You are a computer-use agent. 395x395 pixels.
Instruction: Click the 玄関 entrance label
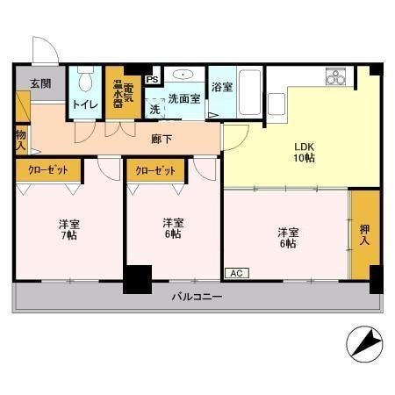click(x=40, y=83)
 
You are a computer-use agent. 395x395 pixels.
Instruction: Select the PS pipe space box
click(x=152, y=79)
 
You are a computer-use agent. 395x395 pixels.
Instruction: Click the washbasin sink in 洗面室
click(x=183, y=75)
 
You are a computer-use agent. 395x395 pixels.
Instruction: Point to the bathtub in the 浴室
click(x=249, y=92)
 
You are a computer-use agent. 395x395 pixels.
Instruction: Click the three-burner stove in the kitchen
click(x=335, y=76)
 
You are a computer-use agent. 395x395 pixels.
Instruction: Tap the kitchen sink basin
click(x=276, y=104)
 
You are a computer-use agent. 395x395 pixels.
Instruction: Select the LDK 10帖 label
click(x=304, y=153)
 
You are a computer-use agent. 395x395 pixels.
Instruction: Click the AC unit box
click(x=237, y=273)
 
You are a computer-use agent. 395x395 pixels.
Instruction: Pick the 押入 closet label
click(x=364, y=234)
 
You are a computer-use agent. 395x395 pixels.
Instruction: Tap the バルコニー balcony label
click(x=197, y=297)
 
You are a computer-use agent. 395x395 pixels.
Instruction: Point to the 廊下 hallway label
click(x=162, y=139)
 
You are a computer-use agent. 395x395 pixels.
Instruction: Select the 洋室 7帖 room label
click(x=69, y=230)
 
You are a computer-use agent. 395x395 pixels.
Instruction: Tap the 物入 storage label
click(x=21, y=140)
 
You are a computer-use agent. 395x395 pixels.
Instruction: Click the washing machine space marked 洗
click(x=154, y=109)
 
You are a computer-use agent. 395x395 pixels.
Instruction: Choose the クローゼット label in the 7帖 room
click(x=48, y=170)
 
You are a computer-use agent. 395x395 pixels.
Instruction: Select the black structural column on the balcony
click(x=138, y=279)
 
